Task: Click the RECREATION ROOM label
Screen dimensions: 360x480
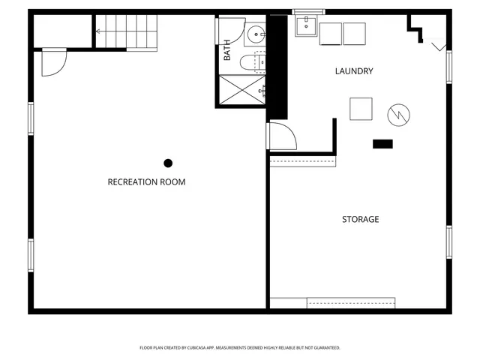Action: pos(146,182)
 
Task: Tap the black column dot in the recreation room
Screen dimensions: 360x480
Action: pos(168,163)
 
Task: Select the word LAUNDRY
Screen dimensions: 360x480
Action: pos(353,71)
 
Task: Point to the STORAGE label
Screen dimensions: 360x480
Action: pos(360,220)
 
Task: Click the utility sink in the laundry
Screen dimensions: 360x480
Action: pos(305,26)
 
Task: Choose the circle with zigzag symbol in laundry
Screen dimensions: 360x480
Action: pos(398,115)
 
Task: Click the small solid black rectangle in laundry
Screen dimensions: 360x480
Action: pos(382,143)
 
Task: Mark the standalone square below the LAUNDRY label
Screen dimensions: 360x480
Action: pos(361,109)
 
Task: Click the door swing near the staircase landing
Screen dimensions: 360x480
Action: pos(53,61)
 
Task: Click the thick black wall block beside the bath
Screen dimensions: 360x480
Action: pos(277,67)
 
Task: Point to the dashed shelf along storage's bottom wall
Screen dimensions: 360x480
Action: pos(350,303)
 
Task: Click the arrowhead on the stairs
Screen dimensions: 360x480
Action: pos(97,31)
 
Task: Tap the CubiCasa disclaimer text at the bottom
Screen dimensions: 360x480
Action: pos(240,348)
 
